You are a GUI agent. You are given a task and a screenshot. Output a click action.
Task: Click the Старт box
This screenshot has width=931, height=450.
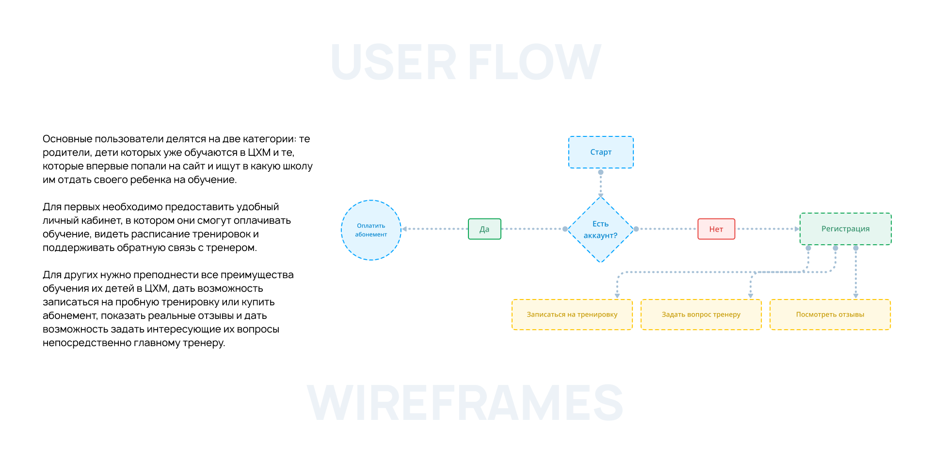[601, 152]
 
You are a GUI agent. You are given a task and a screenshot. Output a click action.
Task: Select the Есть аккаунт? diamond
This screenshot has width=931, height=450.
[600, 230]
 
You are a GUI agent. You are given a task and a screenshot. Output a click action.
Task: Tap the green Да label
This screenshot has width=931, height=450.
[484, 229]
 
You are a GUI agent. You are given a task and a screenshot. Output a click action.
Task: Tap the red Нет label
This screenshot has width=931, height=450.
[716, 229]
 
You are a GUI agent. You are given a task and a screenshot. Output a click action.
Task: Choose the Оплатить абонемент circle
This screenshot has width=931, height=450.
[371, 230]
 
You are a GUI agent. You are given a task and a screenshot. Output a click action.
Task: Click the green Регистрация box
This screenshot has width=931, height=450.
[845, 229]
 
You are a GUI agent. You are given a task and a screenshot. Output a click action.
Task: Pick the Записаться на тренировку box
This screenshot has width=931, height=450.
[572, 315]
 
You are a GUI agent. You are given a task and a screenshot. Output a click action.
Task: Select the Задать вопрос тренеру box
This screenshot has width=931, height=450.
[701, 315]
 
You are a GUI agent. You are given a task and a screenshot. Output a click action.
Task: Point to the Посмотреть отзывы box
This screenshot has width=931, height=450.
[830, 315]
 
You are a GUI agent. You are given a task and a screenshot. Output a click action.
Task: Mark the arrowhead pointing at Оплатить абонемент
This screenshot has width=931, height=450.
[404, 229]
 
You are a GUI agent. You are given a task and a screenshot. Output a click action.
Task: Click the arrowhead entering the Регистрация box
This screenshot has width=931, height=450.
[797, 229]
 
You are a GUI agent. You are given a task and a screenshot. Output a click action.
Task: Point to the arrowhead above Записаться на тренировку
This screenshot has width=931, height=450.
[617, 295]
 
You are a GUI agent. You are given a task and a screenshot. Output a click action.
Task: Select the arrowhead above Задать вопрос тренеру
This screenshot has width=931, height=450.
[751, 295]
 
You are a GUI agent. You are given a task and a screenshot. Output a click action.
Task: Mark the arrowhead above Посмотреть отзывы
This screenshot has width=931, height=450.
[856, 295]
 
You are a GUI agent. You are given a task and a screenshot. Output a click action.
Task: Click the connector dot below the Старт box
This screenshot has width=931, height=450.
[601, 172]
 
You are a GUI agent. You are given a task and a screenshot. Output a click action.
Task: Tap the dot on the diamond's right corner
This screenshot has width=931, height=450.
[636, 229]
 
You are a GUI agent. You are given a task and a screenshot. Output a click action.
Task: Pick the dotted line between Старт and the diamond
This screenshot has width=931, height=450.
[601, 184]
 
